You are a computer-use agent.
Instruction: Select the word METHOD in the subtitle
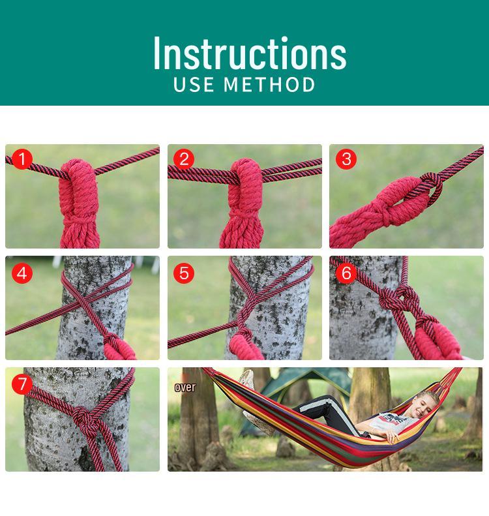tap(271, 85)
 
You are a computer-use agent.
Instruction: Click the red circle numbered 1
tap(23, 159)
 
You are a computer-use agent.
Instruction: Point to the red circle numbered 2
tap(185, 159)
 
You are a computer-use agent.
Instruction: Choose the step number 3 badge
tap(346, 159)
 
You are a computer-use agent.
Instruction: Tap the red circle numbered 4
tap(23, 273)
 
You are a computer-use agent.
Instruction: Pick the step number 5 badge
tap(185, 273)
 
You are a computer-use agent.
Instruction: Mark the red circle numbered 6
tap(346, 273)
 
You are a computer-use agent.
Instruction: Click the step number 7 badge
tap(23, 384)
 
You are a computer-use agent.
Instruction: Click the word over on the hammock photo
tap(185, 387)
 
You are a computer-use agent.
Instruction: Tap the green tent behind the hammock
tap(306, 385)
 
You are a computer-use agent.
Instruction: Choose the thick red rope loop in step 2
tap(243, 189)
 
